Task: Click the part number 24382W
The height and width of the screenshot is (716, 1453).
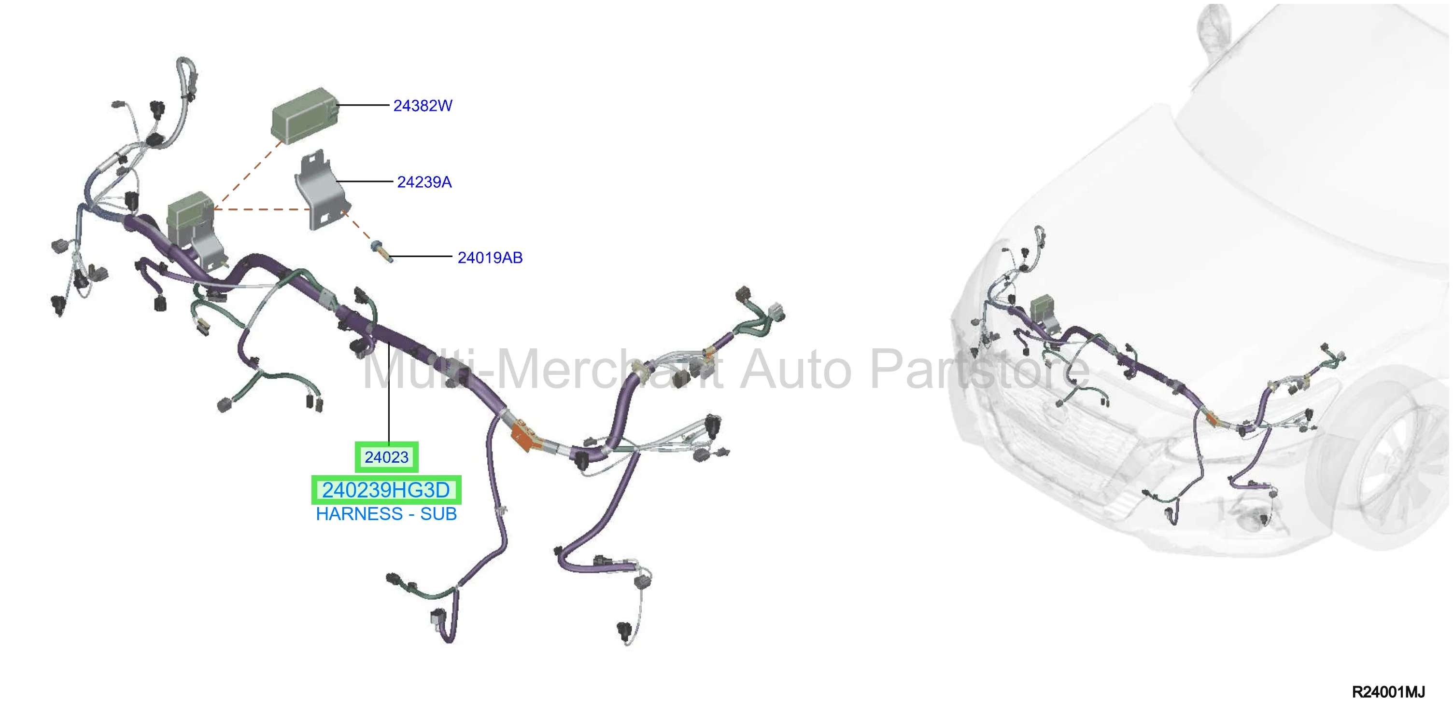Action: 423,106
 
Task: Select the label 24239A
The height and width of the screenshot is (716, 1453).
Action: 424,182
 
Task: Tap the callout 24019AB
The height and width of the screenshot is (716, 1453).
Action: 490,258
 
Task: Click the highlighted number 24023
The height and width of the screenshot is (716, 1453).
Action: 386,457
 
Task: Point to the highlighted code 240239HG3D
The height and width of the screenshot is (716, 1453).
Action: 386,490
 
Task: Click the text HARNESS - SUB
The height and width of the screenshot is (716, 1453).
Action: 386,514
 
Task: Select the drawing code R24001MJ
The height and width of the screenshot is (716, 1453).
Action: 1388,692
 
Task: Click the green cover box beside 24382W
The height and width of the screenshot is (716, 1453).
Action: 305,116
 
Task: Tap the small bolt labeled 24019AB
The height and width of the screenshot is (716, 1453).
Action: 381,251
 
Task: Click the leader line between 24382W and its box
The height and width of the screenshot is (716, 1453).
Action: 363,105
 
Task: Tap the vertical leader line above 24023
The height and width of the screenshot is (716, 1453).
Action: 389,392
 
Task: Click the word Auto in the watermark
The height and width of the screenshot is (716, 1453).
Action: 795,370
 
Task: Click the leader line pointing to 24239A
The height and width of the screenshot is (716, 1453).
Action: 365,181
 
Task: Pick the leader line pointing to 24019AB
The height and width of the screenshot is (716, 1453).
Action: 421,257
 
